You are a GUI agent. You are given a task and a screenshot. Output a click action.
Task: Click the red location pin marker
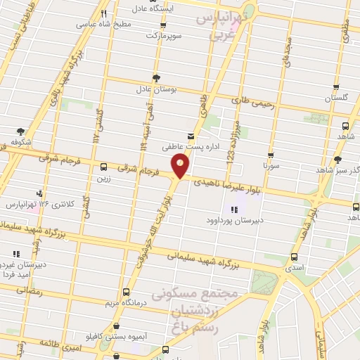pyautogui.click(x=181, y=166)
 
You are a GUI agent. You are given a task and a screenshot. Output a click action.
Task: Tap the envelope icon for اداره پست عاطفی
pyautogui.click(x=190, y=136)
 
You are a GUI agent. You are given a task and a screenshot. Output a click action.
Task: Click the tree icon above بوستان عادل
pyautogui.click(x=155, y=79)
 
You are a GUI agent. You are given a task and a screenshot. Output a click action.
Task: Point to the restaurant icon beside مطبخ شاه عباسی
pyautogui.click(x=104, y=13)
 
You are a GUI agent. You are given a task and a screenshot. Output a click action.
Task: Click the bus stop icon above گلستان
pyautogui.click(x=335, y=89)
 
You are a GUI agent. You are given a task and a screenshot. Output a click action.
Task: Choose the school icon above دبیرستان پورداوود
pyautogui.click(x=234, y=209)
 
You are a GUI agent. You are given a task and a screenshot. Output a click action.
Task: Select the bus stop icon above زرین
pyautogui.click(x=104, y=167)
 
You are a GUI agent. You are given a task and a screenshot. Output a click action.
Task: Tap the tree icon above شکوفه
pyautogui.click(x=20, y=131)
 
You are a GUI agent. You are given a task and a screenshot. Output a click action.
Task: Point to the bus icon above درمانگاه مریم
pyautogui.click(x=126, y=292)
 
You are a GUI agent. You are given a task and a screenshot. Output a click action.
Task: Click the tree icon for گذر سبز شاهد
pyautogui.click(x=338, y=160)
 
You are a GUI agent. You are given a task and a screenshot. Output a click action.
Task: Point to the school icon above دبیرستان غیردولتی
pyautogui.click(x=15, y=254)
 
